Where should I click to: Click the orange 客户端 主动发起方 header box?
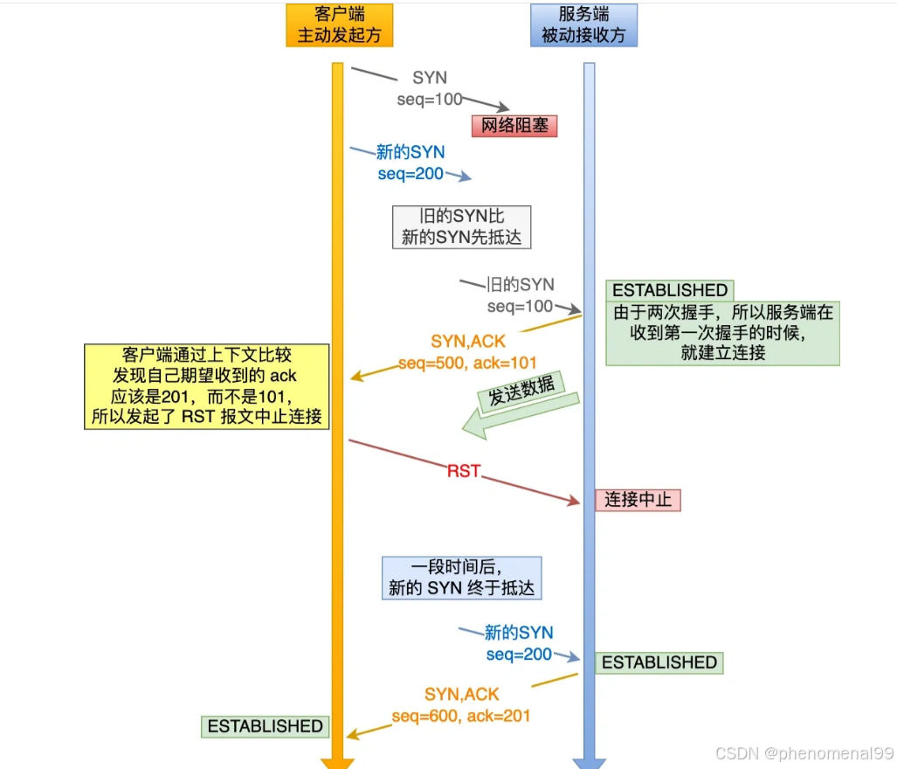pos(339,25)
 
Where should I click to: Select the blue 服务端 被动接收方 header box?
pos(583,25)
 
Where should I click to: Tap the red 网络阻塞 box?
pos(514,125)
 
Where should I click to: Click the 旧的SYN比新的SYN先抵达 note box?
pos(461,226)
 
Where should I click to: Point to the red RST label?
pos(464,471)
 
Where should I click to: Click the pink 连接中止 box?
pos(638,500)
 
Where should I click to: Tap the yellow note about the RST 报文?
pos(207,385)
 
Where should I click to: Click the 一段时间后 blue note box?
pos(461,578)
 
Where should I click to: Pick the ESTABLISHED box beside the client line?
pos(265,725)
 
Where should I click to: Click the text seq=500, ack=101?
pos(467,362)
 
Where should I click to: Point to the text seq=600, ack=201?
pos(461,715)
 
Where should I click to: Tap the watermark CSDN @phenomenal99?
pos(804,753)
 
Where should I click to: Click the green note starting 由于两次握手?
pos(722,333)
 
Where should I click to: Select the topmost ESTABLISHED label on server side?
pos(670,290)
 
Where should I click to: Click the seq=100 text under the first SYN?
pos(429,100)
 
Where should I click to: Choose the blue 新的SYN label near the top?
pos(411,152)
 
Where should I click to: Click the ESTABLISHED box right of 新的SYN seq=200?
pos(659,662)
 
